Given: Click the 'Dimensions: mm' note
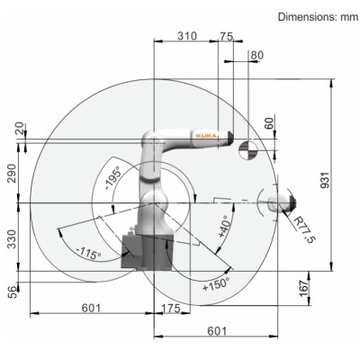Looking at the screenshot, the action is [x=318, y=17].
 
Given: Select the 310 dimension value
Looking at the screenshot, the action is [x=187, y=36].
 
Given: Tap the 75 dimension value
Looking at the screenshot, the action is [x=227, y=37].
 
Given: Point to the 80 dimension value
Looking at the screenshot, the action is [x=257, y=56].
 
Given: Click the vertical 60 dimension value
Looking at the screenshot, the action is [x=270, y=123].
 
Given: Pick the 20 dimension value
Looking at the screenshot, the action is [x=20, y=128].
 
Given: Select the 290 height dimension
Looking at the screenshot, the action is [x=12, y=174].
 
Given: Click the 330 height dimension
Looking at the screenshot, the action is [x=12, y=239].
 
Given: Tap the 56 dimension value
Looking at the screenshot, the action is [x=12, y=292].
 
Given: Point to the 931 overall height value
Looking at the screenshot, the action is [x=325, y=180].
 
